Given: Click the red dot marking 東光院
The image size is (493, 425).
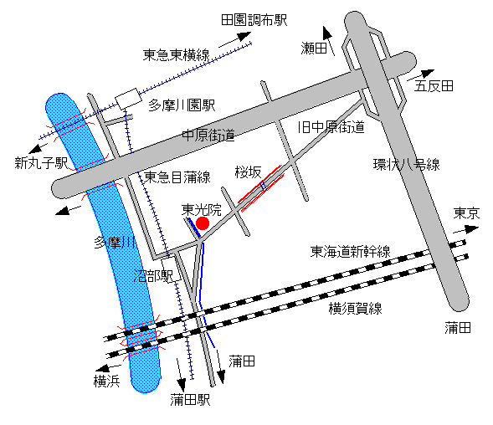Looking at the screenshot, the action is pyautogui.click(x=203, y=223).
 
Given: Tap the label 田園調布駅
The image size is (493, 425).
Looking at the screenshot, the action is pyautogui.click(x=254, y=20).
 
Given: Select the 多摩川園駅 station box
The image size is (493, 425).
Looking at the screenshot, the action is pyautogui.click(x=128, y=99).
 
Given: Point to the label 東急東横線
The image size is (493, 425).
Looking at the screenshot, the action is pyautogui.click(x=176, y=55).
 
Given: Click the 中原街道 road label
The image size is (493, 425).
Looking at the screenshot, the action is pyautogui.click(x=208, y=136).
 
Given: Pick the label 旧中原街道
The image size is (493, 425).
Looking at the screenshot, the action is pyautogui.click(x=331, y=127).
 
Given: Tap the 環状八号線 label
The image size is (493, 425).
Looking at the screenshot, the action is pyautogui.click(x=406, y=165).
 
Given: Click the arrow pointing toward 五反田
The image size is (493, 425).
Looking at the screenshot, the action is pyautogui.click(x=421, y=75).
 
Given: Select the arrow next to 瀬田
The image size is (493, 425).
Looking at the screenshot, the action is pyautogui.click(x=329, y=41).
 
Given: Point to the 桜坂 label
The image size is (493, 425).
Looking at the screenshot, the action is pyautogui.click(x=248, y=172).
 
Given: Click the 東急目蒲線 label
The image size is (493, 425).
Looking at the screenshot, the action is pyautogui.click(x=177, y=177).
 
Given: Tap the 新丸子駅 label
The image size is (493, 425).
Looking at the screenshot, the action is pyautogui.click(x=41, y=163).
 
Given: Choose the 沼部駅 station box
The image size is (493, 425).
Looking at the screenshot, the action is pyautogui.click(x=172, y=269).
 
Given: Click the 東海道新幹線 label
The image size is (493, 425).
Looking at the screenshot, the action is pyautogui.click(x=350, y=252).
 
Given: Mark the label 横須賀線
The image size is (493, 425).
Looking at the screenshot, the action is pyautogui.click(x=355, y=309).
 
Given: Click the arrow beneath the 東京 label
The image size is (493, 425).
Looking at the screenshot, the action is pyautogui.click(x=465, y=229).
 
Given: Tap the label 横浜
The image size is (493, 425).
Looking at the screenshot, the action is pyautogui.click(x=107, y=381).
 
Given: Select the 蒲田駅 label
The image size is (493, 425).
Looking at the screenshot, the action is pyautogui.click(x=190, y=400).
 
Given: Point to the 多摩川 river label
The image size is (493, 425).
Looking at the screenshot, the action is pyautogui.click(x=115, y=243).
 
